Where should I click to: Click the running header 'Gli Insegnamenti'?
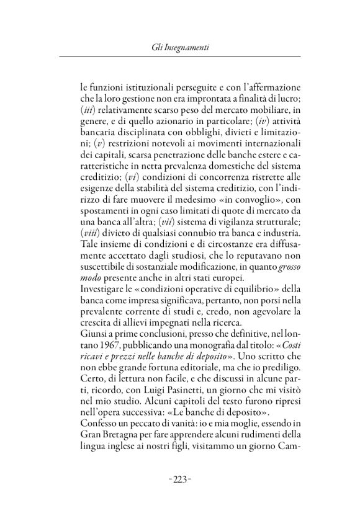coord(179,46)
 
